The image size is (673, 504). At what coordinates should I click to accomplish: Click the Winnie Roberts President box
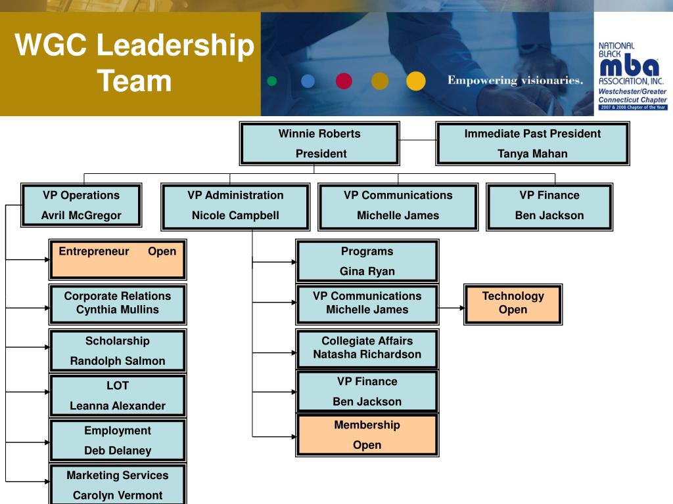click(x=320, y=144)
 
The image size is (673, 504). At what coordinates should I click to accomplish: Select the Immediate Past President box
click(x=532, y=144)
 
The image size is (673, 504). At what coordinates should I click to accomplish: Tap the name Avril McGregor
click(x=81, y=215)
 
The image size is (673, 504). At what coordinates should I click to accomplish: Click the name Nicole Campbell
click(x=235, y=215)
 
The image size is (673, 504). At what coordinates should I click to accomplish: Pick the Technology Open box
click(x=513, y=303)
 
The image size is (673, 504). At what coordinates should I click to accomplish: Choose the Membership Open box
click(x=367, y=434)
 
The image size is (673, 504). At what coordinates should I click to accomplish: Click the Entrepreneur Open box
click(x=118, y=259)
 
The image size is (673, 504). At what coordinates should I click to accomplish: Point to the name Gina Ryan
click(x=367, y=271)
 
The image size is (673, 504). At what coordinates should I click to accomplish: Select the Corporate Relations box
click(x=118, y=303)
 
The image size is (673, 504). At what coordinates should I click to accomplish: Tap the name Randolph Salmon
click(x=118, y=361)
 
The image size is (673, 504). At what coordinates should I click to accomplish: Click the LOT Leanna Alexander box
click(x=118, y=396)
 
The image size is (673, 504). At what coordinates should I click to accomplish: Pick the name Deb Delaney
click(x=118, y=451)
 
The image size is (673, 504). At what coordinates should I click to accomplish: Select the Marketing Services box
click(x=118, y=484)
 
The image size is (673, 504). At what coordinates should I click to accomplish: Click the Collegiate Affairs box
click(x=367, y=348)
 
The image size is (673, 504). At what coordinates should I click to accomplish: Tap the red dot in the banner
click(x=344, y=81)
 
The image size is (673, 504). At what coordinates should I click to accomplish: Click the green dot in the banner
click(x=271, y=81)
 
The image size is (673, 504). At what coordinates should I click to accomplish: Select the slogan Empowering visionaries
click(x=515, y=81)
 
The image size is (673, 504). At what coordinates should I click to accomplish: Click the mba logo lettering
click(x=629, y=68)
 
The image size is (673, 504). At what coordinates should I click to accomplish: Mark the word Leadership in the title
click(x=175, y=47)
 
